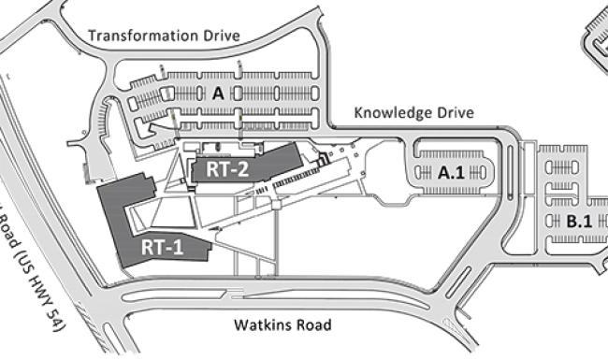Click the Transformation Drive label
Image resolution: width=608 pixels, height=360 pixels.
pyautogui.click(x=164, y=36)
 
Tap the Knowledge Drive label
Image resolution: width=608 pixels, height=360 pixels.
pyautogui.click(x=413, y=113)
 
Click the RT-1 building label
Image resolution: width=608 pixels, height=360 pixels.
pyautogui.click(x=163, y=249)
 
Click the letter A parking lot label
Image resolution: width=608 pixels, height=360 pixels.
pyautogui.click(x=217, y=94)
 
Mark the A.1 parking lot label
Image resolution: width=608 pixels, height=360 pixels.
pyautogui.click(x=451, y=171)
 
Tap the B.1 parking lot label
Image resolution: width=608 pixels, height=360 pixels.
pyautogui.click(x=577, y=222)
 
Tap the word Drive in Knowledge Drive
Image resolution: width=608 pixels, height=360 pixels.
pyautogui.click(x=456, y=113)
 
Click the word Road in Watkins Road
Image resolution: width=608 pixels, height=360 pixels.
pyautogui.click(x=312, y=326)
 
